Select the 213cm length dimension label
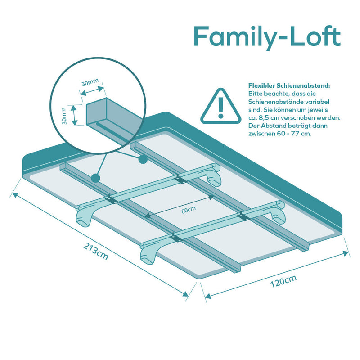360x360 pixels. [95, 251]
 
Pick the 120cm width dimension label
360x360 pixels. [283, 281]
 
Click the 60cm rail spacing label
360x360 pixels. [189, 210]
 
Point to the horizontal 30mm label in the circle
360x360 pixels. [90, 82]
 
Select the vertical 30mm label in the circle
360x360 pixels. [64, 116]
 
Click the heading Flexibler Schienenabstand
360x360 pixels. [289, 85]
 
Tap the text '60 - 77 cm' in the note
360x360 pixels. [294, 133]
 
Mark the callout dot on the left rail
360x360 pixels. [95, 178]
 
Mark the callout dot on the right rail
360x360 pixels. [143, 159]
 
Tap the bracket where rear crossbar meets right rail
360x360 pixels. [181, 179]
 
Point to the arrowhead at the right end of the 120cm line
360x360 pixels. [346, 253]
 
